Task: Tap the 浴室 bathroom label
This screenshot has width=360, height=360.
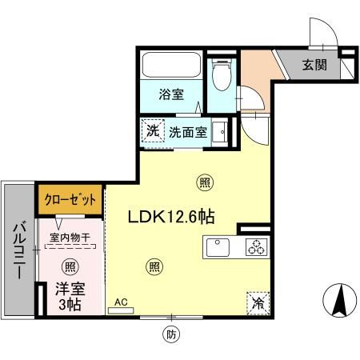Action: tap(170, 94)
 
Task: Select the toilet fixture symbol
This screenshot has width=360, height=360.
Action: tap(221, 76)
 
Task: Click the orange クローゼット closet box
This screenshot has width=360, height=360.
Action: tap(69, 198)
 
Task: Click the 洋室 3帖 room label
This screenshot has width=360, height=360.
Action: tap(69, 296)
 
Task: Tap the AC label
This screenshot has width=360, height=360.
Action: tap(122, 302)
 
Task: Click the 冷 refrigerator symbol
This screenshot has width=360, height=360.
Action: tap(258, 302)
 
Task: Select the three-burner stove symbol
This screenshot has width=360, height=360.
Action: tap(257, 248)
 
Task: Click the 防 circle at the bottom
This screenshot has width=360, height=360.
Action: tap(170, 334)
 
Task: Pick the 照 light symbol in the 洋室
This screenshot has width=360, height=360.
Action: tap(70, 266)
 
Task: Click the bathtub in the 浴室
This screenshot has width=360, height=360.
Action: tap(170, 65)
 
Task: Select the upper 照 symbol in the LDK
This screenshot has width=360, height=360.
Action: tap(205, 182)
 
